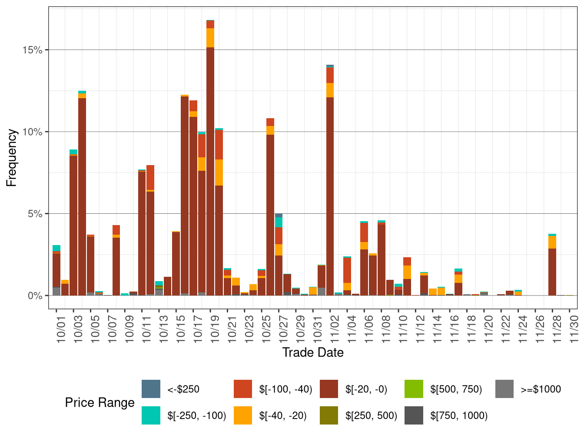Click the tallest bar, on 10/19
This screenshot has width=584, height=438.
pyautogui.click(x=210, y=174)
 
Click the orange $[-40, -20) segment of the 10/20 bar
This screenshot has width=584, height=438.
pyautogui.click(x=219, y=173)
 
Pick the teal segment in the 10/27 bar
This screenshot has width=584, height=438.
pyautogui.click(x=279, y=222)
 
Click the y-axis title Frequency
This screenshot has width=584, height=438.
pyautogui.click(x=12, y=158)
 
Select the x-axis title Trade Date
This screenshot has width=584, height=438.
pyautogui.click(x=313, y=352)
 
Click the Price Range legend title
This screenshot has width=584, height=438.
pyautogui.click(x=100, y=402)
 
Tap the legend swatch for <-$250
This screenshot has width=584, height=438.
pyautogui.click(x=151, y=389)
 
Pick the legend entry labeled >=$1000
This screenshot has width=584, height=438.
pyautogui.click(x=541, y=389)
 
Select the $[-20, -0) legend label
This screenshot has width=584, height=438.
pyautogui.click(x=366, y=389)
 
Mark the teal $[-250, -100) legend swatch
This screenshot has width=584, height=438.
pyautogui.click(x=151, y=415)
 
